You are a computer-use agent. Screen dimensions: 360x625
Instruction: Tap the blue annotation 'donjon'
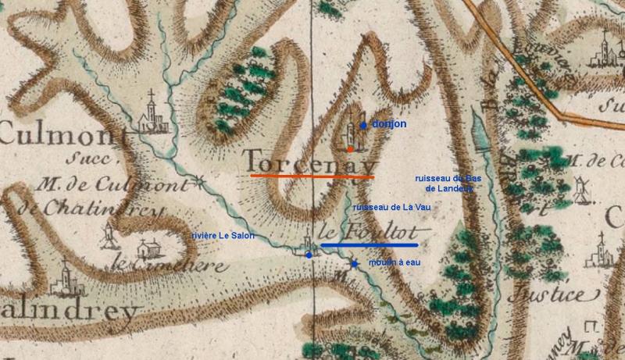tap(389, 124)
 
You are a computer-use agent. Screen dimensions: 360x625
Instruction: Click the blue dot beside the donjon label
tap(363, 124)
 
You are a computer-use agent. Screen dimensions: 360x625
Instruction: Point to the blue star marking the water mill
tap(354, 264)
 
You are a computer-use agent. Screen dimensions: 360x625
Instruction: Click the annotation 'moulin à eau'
tap(394, 263)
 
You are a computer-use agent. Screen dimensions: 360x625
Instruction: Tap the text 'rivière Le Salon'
tap(223, 236)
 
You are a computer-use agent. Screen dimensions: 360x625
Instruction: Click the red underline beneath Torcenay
tap(311, 176)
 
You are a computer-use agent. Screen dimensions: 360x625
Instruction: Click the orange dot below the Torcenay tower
tap(351, 148)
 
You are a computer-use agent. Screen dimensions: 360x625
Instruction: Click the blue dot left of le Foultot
tap(309, 255)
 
